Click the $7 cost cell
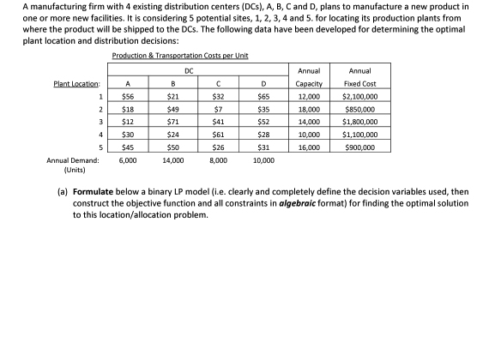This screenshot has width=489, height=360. pos(218,111)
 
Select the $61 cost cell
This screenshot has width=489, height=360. pos(218,135)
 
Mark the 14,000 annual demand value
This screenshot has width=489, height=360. pos(172,160)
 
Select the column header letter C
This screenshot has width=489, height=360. pos(218,84)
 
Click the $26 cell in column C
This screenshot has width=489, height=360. pos(218,147)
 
